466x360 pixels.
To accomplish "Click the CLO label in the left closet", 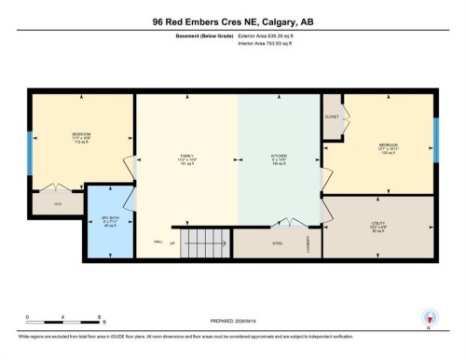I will pyautogui.click(x=57, y=203).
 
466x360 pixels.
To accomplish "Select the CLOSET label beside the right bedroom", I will pyautogui.click(x=331, y=118).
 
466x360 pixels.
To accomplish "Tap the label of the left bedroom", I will pyautogui.click(x=81, y=136).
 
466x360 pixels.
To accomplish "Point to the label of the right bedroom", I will pyautogui.click(x=389, y=147).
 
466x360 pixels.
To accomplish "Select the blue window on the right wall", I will pyautogui.click(x=435, y=140).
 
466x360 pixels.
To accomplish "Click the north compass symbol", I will pyautogui.click(x=430, y=318).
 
